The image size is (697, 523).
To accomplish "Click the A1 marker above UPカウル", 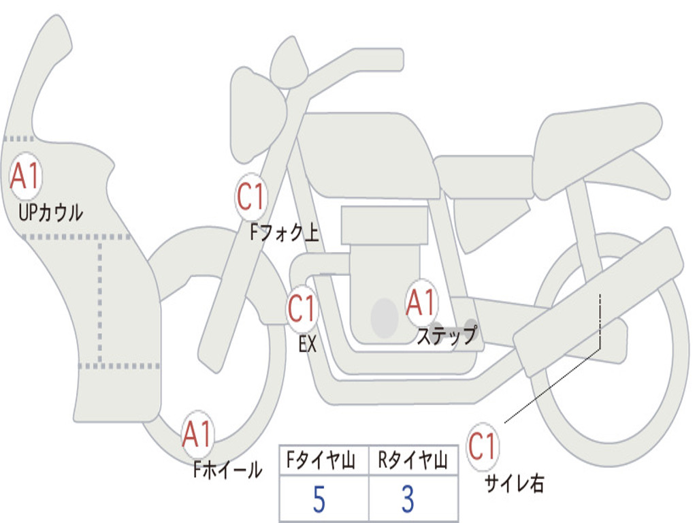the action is pyautogui.click(x=25, y=176).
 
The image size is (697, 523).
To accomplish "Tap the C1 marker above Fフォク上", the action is pyautogui.click(x=251, y=197).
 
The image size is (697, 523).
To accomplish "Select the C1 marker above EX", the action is pyautogui.click(x=302, y=308).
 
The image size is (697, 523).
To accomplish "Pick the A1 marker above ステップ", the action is pyautogui.click(x=421, y=303).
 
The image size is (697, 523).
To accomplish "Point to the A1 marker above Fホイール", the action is pyautogui.click(x=197, y=434).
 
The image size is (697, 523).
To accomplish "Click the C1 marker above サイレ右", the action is pyautogui.click(x=483, y=446).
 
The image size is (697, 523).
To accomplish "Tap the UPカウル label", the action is pyautogui.click(x=50, y=212).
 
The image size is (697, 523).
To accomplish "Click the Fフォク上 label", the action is pyautogui.click(x=285, y=232).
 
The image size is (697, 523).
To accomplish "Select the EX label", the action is pyautogui.click(x=308, y=344).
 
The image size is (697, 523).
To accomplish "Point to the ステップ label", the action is pyautogui.click(x=447, y=334).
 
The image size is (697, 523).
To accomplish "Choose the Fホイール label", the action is pyautogui.click(x=227, y=469).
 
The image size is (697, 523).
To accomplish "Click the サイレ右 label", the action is pyautogui.click(x=515, y=483).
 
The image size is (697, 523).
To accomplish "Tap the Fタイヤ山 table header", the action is pyautogui.click(x=321, y=460).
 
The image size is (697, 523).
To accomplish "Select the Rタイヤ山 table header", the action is pyautogui.click(x=412, y=460).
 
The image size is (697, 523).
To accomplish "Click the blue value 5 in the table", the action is pyautogui.click(x=319, y=499).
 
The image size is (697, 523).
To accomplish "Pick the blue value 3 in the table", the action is pyautogui.click(x=408, y=499).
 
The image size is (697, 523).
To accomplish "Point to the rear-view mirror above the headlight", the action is pyautogui.click(x=289, y=62).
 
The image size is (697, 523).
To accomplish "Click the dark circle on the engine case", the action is pyautogui.click(x=385, y=318).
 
